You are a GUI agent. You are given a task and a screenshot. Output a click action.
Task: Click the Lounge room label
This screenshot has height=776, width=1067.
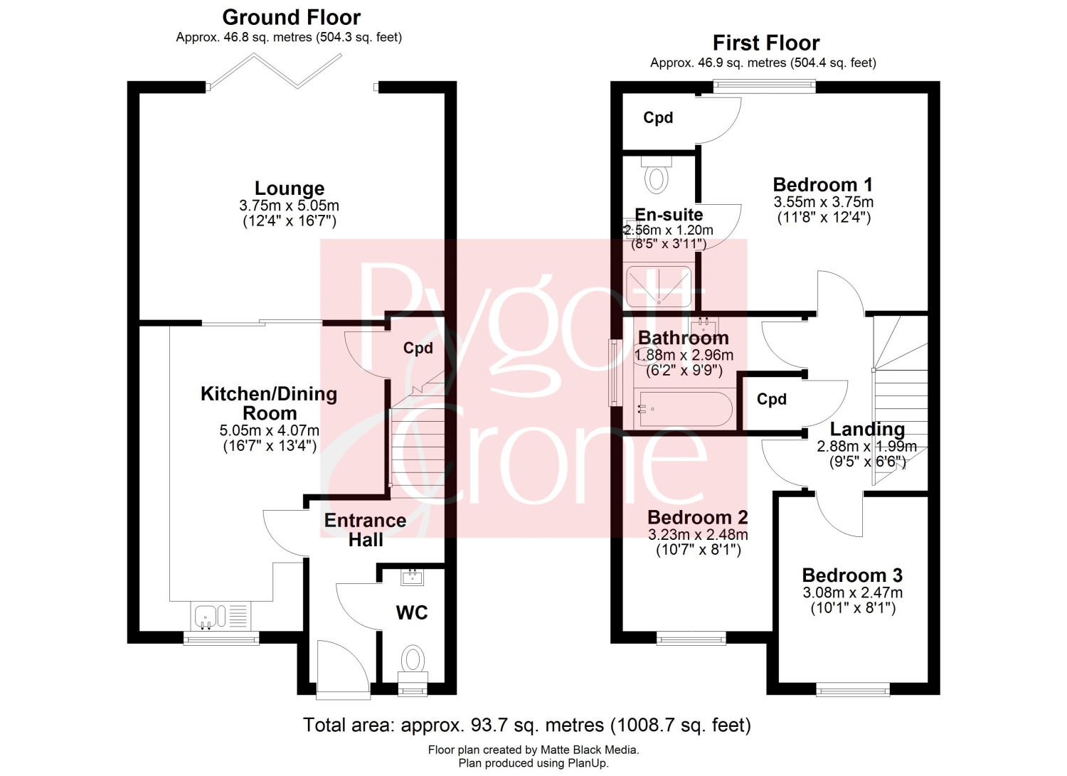click(290, 188)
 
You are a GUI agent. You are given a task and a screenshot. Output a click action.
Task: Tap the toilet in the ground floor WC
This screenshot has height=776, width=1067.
click(413, 665)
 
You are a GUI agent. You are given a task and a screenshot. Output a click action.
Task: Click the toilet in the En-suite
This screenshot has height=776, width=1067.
click(657, 174)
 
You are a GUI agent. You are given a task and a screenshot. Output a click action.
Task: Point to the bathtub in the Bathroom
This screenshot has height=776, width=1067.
click(684, 408)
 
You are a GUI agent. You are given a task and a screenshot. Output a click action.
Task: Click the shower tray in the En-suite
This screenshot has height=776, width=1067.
click(659, 287)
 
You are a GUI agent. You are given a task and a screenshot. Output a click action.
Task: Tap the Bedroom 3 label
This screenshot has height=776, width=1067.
click(852, 575)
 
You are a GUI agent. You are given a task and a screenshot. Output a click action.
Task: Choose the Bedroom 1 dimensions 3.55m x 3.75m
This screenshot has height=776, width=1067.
click(824, 202)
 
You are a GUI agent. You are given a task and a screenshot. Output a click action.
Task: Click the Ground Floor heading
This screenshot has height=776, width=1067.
click(292, 18)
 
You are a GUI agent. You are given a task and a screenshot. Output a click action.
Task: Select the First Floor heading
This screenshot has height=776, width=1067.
click(766, 43)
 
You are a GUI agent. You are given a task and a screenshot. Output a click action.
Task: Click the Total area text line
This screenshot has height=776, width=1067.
click(527, 725)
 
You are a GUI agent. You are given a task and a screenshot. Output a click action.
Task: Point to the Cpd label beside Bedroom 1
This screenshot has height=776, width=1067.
click(658, 117)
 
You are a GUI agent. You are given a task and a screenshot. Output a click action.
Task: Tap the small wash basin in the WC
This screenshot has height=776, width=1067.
click(413, 578)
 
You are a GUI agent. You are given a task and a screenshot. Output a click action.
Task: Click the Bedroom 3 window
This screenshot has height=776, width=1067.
click(853, 689)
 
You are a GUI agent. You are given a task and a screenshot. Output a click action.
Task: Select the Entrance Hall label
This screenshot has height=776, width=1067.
click(366, 530)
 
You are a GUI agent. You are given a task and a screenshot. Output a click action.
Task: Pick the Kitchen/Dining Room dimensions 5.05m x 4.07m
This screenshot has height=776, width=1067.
click(269, 430)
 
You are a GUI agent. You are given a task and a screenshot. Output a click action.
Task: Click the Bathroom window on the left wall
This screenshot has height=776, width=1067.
click(615, 373)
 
